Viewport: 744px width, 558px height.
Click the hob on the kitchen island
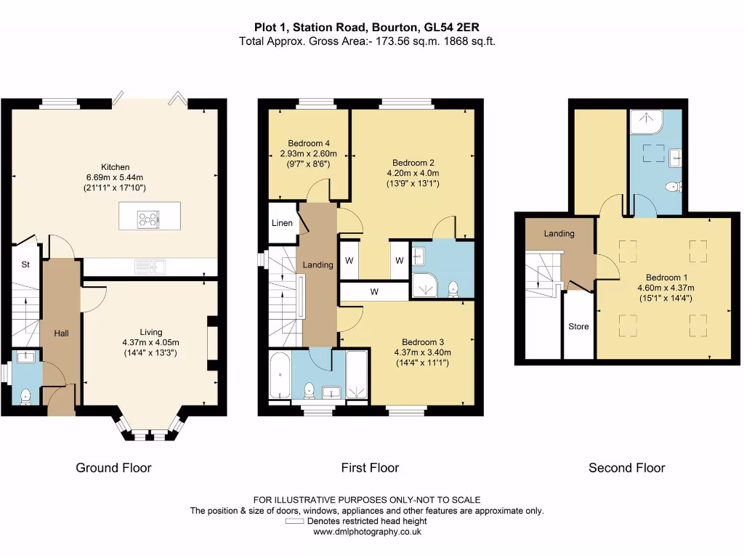pos(148,219)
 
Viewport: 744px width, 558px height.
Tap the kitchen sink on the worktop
pos(150,267)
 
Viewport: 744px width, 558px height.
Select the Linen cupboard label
pos(282,223)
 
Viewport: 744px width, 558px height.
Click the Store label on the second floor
pos(578,326)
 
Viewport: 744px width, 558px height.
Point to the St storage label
pos(25,264)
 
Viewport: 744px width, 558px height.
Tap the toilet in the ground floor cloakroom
pos(25,396)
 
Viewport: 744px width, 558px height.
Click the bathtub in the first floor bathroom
pos(280,375)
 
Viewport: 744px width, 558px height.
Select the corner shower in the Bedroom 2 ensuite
pos(424,284)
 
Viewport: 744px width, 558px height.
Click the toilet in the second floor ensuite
pos(674,187)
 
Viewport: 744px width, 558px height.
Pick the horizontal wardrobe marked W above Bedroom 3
pos(374,291)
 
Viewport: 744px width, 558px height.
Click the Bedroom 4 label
pos(308,143)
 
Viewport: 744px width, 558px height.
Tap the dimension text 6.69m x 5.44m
pos(114,177)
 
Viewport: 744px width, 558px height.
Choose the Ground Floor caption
pos(113,468)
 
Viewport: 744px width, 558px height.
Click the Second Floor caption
pos(627,468)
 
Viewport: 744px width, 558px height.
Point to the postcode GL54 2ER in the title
pos(452,28)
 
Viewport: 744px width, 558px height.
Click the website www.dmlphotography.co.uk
pos(367,532)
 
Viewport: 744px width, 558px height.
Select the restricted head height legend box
pos(294,521)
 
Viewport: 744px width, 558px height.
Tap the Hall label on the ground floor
pos(61,333)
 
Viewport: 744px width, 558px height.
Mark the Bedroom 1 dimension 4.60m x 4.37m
pos(666,288)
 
